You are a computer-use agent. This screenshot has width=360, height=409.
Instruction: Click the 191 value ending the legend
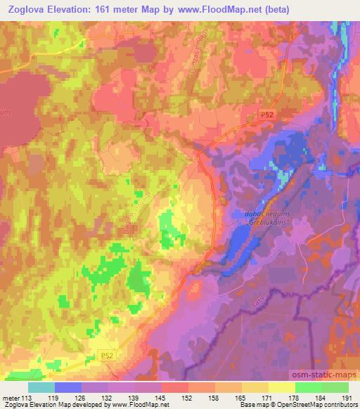[347, 397]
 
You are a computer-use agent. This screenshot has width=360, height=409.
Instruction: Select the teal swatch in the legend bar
[41, 387]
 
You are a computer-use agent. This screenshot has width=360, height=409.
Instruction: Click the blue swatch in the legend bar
[67, 387]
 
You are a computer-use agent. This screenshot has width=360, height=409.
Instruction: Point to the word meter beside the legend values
[10, 397]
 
